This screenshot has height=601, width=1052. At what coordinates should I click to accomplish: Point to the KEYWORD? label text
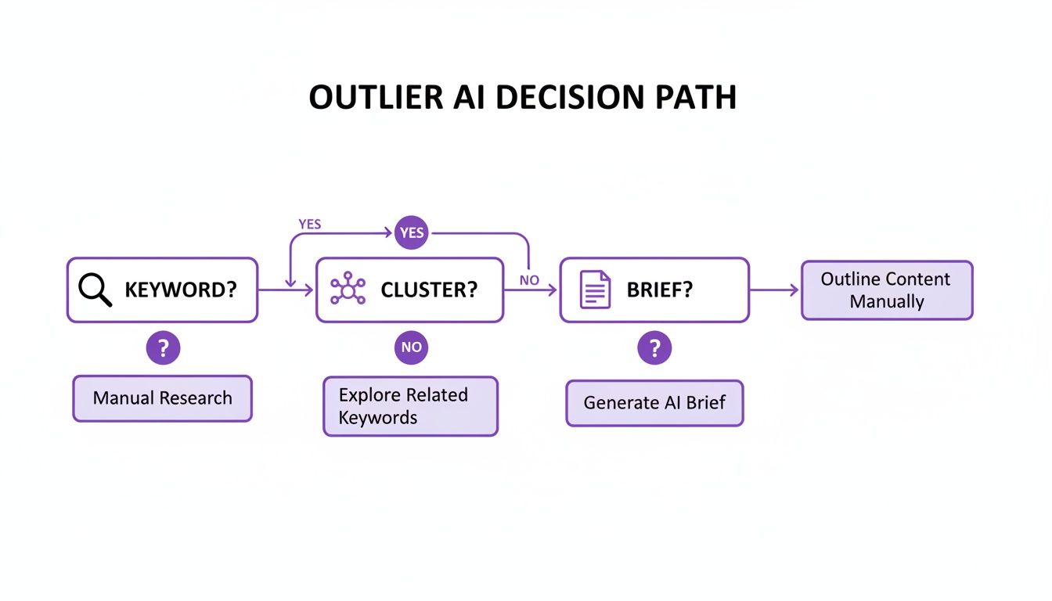click(180, 290)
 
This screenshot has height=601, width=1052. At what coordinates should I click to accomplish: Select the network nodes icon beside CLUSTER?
click(348, 290)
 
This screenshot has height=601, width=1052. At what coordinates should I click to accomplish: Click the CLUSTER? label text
click(429, 290)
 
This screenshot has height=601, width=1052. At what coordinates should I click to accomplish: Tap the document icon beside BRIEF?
click(595, 290)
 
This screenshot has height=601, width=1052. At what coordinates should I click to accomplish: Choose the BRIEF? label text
click(660, 290)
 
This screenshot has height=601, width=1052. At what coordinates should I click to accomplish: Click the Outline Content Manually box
click(887, 290)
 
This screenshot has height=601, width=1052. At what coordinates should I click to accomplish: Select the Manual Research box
click(163, 398)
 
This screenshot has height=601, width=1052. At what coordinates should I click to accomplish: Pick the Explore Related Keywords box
click(410, 406)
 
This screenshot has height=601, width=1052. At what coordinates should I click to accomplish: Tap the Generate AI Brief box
click(654, 403)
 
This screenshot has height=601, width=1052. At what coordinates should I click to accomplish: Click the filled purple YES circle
click(412, 233)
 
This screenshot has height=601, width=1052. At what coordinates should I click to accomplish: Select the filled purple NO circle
click(411, 347)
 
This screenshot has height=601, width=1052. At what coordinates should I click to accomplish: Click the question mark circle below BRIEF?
click(654, 347)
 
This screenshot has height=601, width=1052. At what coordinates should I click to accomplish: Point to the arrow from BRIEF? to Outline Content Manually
click(774, 290)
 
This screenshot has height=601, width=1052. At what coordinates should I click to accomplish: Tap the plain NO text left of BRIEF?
click(529, 280)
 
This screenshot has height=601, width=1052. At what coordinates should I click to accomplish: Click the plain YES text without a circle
click(310, 224)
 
